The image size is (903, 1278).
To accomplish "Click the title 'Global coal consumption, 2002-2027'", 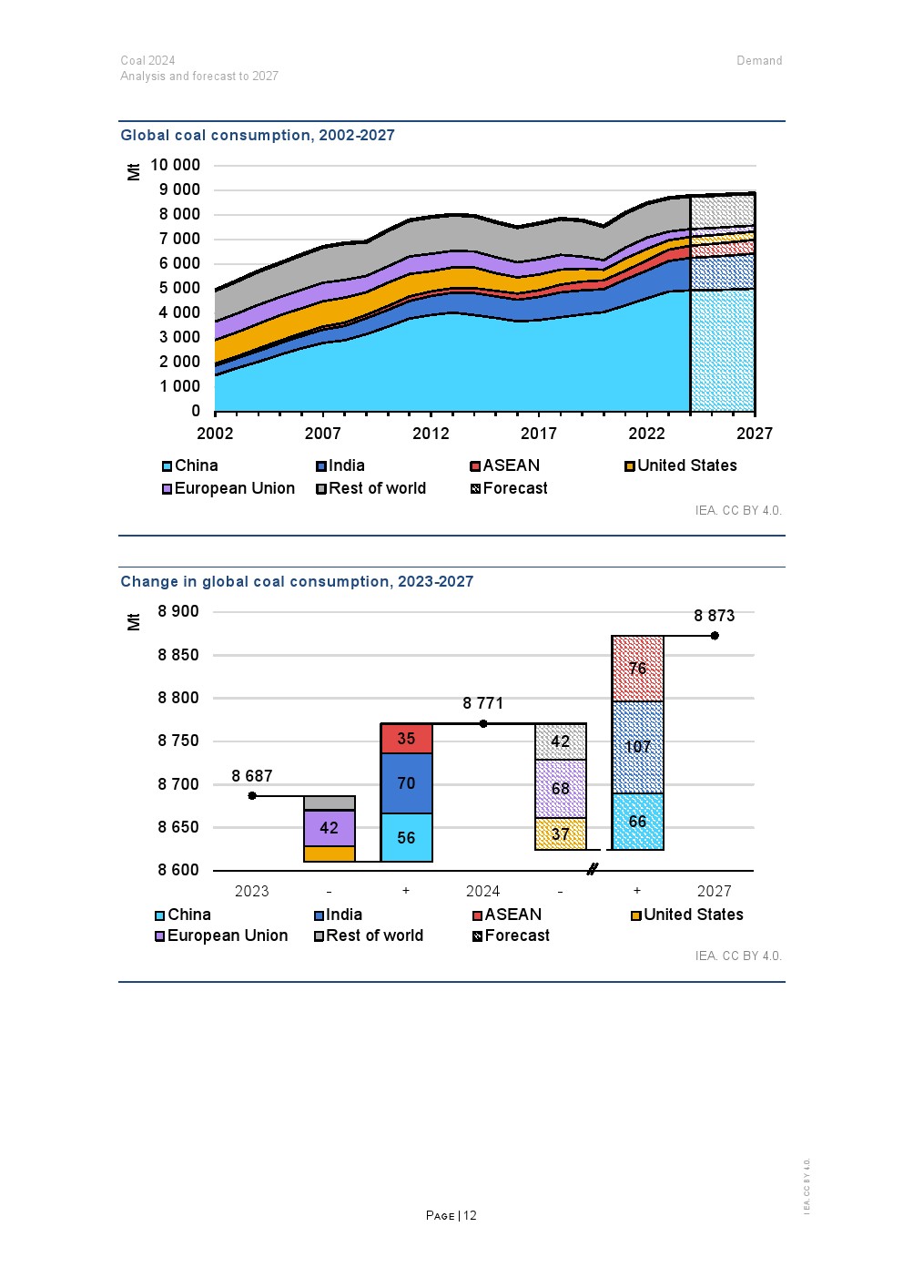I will (x=258, y=136).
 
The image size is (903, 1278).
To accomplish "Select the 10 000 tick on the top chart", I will (x=175, y=165).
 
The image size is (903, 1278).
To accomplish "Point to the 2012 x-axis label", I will (x=431, y=434).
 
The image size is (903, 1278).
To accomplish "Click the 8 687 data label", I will (x=252, y=776).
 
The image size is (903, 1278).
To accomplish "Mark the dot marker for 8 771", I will (x=483, y=724).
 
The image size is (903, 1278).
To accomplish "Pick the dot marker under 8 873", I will (x=715, y=636).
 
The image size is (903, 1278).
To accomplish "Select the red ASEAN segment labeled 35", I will (x=406, y=739).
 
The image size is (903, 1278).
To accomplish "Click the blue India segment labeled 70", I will (x=406, y=783).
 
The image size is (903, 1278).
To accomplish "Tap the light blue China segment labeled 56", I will (x=406, y=838).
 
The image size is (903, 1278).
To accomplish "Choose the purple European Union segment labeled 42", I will (x=329, y=828).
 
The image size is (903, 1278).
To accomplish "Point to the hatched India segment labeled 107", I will (x=637, y=747).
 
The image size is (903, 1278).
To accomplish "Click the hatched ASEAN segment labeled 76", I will (x=637, y=669).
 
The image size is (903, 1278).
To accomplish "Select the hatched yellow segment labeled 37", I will (x=560, y=834).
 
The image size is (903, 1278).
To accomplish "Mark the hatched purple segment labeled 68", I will (x=560, y=789).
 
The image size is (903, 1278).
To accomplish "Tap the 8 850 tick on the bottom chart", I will (x=178, y=655).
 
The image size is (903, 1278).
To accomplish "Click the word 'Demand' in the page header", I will (x=759, y=61).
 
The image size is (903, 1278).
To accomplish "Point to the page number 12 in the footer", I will (x=470, y=1216).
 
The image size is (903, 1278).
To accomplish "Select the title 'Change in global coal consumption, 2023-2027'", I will (x=297, y=582).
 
